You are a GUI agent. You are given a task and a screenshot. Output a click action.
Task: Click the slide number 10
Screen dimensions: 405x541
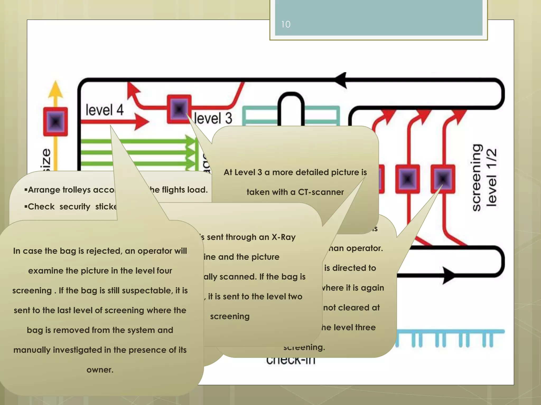coord(286,25)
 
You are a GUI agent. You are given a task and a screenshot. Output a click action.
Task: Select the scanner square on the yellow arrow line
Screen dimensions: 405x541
coord(55,122)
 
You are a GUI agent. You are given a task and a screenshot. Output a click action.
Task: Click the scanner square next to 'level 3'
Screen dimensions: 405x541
coord(179,109)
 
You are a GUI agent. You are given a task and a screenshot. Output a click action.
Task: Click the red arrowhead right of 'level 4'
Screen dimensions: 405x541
coord(141,122)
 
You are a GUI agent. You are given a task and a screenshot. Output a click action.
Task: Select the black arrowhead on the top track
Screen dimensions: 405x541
coord(341,80)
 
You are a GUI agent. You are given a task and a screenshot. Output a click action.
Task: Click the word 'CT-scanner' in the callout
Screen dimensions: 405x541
coord(321,192)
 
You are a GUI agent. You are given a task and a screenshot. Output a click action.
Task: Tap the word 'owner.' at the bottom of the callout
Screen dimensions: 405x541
coord(100,370)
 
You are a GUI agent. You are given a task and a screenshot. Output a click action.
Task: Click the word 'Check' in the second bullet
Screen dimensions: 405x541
coord(41,206)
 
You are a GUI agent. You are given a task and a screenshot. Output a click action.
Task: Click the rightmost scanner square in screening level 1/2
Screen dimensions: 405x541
coord(443,179)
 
